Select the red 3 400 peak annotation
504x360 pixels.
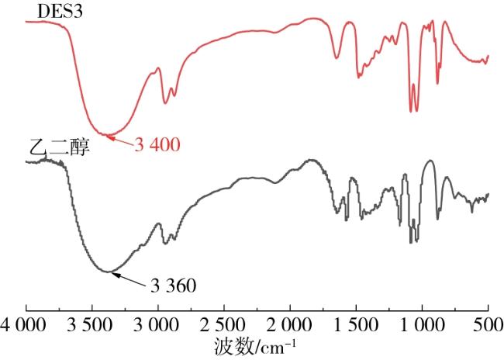coord(157,144)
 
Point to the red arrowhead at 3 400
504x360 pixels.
coord(109,137)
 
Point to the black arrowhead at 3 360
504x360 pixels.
coord(109,272)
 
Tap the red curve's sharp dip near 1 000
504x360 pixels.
coord(412,112)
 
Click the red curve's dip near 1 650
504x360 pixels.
coord(337,57)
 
